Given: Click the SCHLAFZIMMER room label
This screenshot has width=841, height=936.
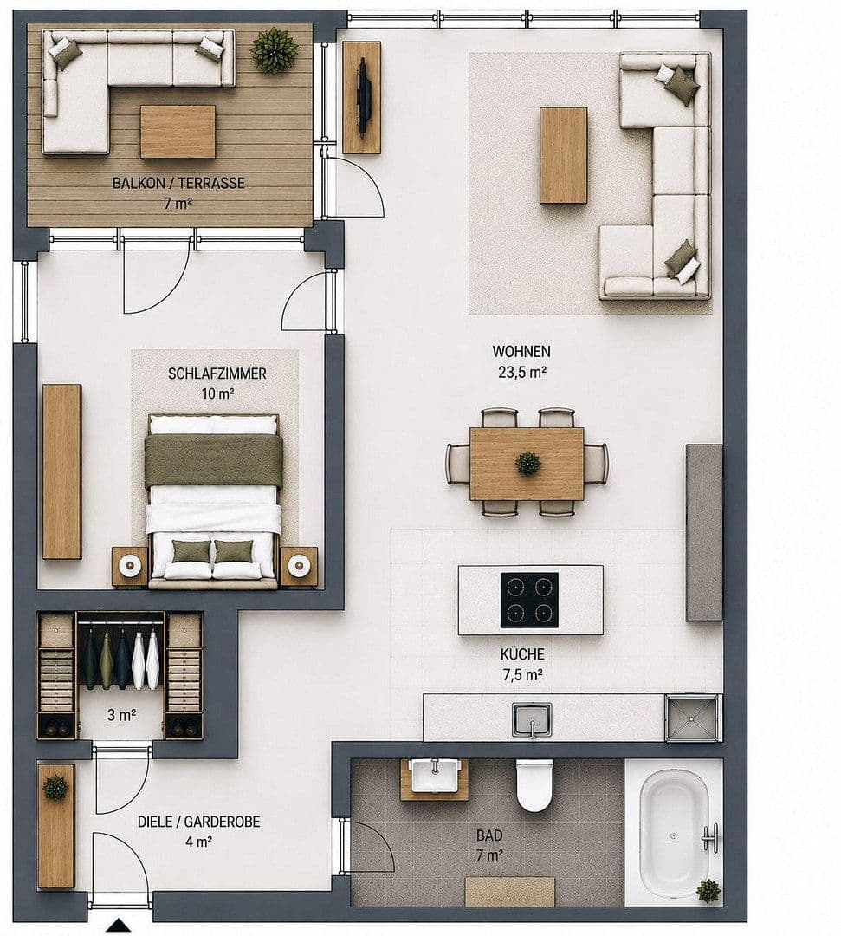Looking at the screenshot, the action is [x=217, y=374].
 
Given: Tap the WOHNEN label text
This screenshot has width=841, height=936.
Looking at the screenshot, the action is [x=521, y=351].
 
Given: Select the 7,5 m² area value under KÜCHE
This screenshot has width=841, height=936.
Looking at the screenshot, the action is [x=521, y=675].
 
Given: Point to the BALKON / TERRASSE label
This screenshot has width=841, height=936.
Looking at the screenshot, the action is [x=178, y=183].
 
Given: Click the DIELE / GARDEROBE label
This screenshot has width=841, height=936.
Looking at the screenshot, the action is [x=198, y=822].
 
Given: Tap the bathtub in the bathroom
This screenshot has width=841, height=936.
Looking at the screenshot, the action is [x=675, y=834].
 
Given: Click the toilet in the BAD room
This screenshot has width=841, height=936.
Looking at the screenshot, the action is [x=534, y=785].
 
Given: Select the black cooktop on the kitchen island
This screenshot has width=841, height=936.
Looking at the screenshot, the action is [x=530, y=600].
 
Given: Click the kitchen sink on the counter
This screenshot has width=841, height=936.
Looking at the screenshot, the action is [x=532, y=720].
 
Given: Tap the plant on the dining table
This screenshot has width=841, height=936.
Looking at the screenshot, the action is [x=527, y=463].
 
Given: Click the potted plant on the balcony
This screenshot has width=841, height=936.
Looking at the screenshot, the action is [x=275, y=50].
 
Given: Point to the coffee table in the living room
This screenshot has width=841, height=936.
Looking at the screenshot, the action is [x=563, y=155].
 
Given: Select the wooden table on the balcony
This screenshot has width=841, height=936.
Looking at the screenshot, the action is [x=178, y=132].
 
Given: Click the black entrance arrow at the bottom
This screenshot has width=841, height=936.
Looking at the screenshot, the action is [x=119, y=925].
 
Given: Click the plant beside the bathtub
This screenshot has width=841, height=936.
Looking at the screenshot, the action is [x=708, y=891].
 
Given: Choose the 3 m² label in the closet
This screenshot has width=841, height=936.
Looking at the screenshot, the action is [x=121, y=714].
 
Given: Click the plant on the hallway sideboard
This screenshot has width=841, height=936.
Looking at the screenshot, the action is [x=55, y=787].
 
